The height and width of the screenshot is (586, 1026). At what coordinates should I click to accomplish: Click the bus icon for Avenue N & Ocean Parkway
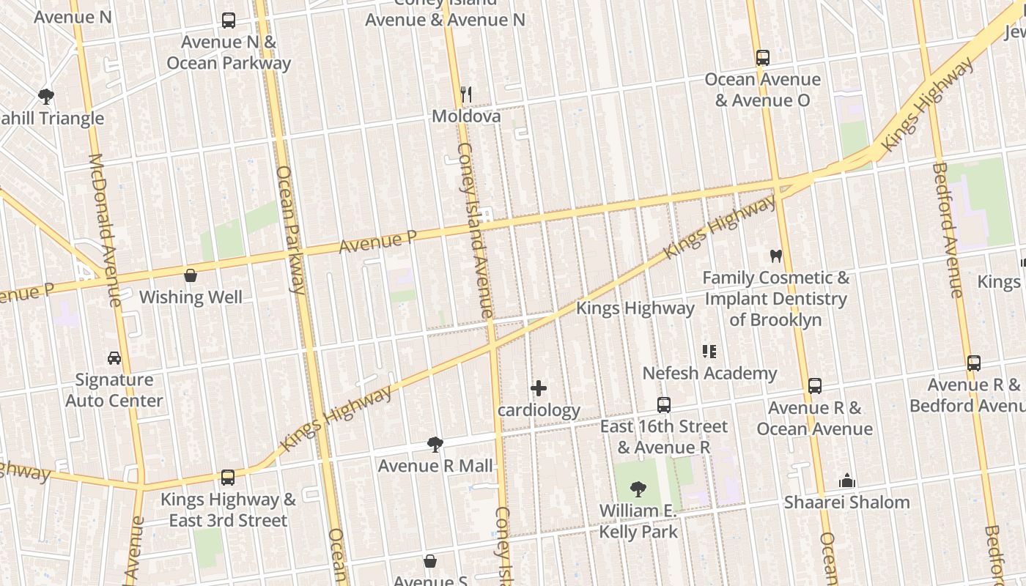tap(229, 21)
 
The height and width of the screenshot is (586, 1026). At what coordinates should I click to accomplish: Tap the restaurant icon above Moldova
tap(465, 94)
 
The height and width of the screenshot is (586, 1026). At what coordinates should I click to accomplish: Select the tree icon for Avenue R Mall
tap(435, 444)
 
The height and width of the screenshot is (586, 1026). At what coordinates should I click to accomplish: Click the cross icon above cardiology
tap(539, 388)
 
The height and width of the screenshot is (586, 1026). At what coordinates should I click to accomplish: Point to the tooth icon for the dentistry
tap(775, 256)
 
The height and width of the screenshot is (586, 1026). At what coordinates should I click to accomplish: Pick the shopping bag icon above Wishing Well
tap(191, 275)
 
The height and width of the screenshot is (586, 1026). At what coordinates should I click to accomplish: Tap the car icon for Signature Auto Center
tap(114, 358)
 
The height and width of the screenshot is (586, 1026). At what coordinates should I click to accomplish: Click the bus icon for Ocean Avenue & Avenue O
tap(763, 57)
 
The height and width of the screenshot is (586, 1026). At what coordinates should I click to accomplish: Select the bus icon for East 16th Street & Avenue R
tap(664, 404)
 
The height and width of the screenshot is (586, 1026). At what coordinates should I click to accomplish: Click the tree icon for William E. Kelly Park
tap(638, 489)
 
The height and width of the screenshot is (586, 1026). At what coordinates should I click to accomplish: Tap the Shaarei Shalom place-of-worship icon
tap(847, 481)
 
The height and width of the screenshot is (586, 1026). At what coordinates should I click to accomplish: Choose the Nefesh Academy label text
tap(709, 374)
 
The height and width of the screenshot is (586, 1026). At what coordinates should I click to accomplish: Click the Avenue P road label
tap(378, 242)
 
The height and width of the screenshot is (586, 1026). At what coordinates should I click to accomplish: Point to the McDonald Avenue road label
tap(104, 231)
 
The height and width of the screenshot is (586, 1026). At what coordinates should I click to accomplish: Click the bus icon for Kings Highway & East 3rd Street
tap(228, 478)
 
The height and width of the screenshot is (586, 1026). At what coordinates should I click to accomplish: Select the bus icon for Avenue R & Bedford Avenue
tap(974, 363)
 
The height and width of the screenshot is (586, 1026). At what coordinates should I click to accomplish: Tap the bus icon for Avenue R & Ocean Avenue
tap(814, 386)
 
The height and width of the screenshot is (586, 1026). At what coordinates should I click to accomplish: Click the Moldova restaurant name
tap(466, 116)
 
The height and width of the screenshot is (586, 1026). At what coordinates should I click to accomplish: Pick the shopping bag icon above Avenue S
tap(430, 561)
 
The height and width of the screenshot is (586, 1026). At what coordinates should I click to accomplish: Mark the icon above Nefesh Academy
tap(709, 352)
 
